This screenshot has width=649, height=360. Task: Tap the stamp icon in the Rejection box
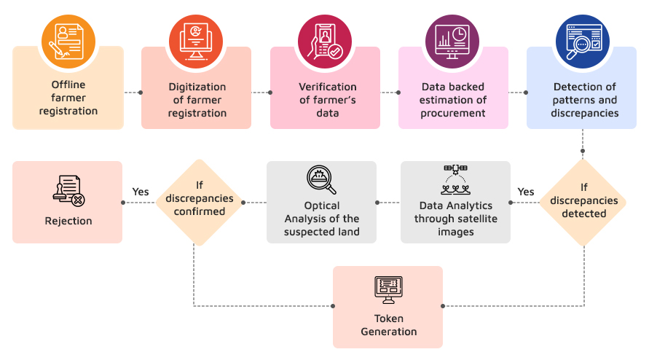(x=68, y=191)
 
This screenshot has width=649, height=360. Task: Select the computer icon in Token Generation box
(x=388, y=289)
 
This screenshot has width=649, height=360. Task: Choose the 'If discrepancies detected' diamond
(x=583, y=200)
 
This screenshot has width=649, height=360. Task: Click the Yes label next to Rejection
(x=141, y=192)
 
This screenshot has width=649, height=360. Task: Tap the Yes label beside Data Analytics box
(x=525, y=192)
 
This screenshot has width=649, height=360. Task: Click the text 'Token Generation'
(x=388, y=325)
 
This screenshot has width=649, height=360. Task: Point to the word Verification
(x=325, y=87)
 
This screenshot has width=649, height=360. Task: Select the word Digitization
(x=197, y=87)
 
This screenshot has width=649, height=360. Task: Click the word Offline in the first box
(x=68, y=85)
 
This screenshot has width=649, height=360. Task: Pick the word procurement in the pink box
(x=452, y=113)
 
